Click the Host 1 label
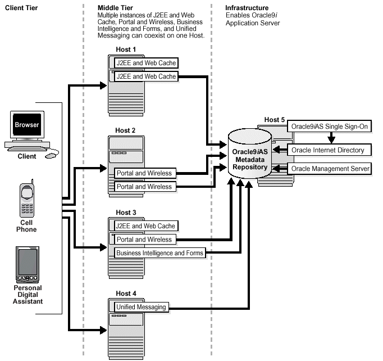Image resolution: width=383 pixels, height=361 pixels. tap(126, 50)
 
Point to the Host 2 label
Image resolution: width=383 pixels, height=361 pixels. tap(126, 130)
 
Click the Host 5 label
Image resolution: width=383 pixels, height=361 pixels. tap(275, 120)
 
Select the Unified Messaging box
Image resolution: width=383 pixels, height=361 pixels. tap(141, 307)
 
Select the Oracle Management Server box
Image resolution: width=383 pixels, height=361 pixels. tap(330, 169)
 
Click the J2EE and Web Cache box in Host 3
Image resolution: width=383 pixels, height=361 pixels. tap(145, 226)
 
